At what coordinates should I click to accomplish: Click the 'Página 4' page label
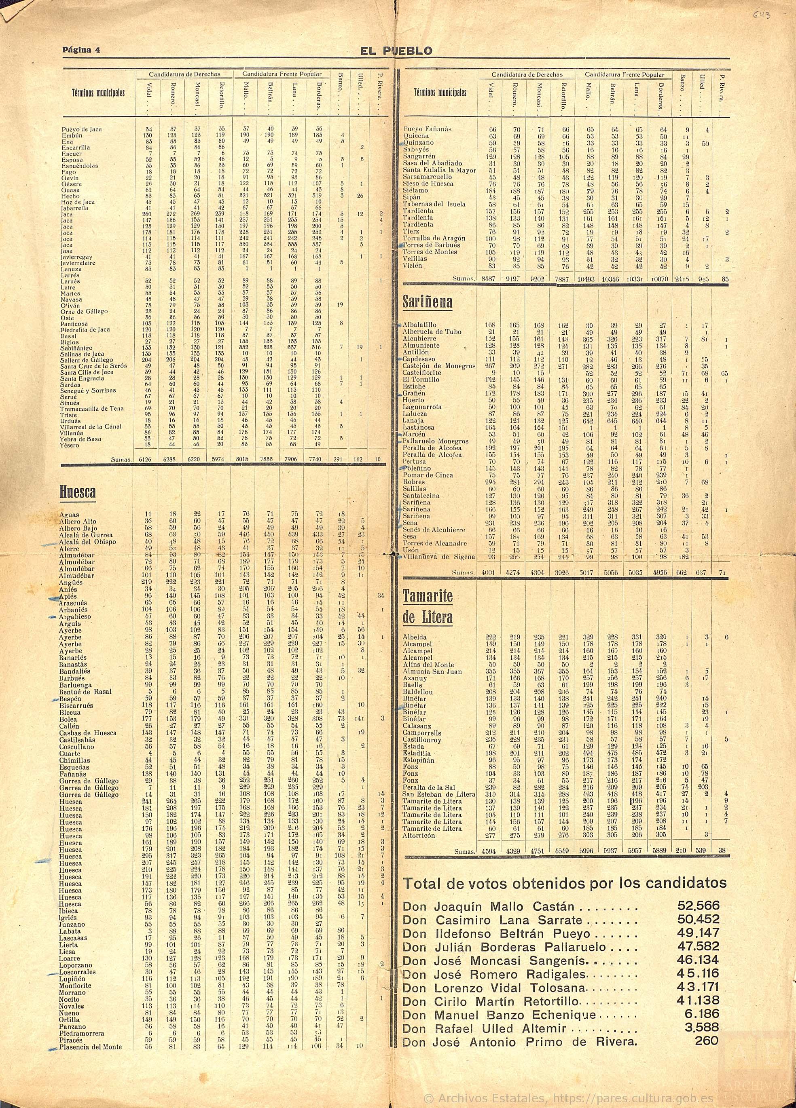80,50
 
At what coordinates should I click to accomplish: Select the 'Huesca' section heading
78,492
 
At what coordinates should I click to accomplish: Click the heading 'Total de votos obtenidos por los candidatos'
564,883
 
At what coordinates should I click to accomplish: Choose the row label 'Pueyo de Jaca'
82,129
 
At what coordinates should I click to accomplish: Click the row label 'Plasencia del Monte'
91,1047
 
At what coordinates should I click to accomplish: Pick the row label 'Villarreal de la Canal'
91,426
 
